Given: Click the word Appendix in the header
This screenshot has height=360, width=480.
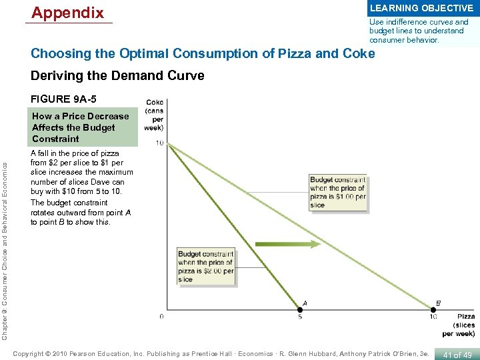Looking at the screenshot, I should [68, 13].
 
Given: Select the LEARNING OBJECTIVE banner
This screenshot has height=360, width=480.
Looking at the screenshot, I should [421, 9].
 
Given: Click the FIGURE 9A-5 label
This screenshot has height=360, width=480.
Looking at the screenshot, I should [59, 99].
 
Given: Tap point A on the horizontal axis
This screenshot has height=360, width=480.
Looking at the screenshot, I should [299, 309].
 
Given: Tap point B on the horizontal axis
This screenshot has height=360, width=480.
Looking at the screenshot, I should [433, 309].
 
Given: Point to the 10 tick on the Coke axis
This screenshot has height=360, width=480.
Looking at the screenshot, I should [160, 143].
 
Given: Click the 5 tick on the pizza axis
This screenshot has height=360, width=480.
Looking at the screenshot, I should [299, 317].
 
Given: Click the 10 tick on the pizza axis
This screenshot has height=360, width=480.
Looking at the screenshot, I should [433, 317].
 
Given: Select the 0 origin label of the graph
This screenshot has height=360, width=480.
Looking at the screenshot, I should [162, 316].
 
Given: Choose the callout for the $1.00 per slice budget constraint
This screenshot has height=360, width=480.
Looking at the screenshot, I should [337, 192].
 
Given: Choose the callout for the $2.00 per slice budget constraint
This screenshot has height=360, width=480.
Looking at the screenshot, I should [206, 267].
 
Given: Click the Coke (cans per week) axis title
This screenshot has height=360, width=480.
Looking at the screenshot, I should [154, 115].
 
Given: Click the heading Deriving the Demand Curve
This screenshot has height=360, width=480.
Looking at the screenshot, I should [117, 76].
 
